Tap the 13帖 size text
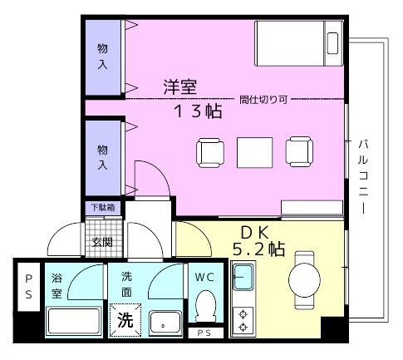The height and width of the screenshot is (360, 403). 197,111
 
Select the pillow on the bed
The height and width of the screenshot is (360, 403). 333,42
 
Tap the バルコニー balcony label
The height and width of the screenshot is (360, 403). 363,176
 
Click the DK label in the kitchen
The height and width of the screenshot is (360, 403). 252,233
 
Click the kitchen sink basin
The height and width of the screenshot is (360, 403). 243,278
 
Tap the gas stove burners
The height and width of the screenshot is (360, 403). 244,319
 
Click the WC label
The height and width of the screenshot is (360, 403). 205,276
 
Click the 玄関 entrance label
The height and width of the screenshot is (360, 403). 103,242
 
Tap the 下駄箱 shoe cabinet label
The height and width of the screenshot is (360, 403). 103,207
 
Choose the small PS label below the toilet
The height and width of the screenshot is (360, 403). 204,333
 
